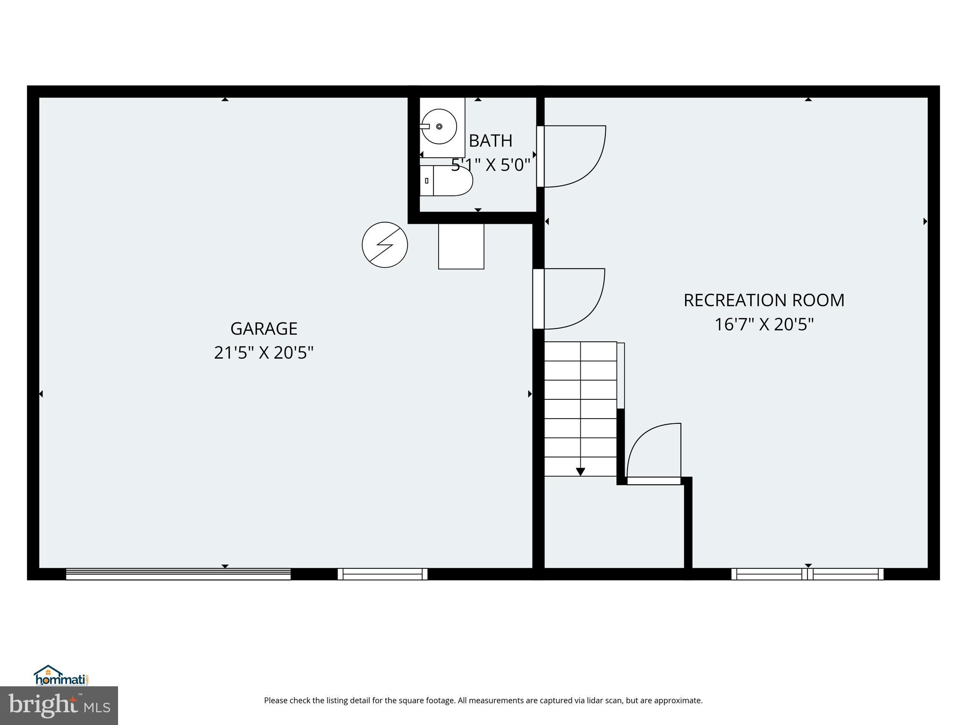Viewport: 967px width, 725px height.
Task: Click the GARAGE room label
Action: pyautogui.click(x=263, y=329)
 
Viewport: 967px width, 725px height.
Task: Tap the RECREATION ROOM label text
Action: pyautogui.click(x=764, y=300)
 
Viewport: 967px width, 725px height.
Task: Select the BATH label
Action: pyautogui.click(x=491, y=141)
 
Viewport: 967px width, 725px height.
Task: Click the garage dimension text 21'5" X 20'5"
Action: pyautogui.click(x=263, y=353)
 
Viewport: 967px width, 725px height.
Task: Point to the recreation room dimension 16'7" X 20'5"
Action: pyautogui.click(x=764, y=325)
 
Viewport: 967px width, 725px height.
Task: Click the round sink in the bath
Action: pyautogui.click(x=439, y=126)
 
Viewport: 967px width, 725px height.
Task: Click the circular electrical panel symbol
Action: pyautogui.click(x=384, y=245)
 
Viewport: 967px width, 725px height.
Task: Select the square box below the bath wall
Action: pyautogui.click(x=461, y=246)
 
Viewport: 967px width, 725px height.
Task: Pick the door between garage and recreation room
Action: pyautogui.click(x=574, y=298)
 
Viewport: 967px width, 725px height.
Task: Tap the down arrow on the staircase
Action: pyautogui.click(x=580, y=471)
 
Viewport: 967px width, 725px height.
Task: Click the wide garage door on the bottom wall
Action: pyautogui.click(x=178, y=573)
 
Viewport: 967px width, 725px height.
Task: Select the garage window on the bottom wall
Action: pyautogui.click(x=382, y=573)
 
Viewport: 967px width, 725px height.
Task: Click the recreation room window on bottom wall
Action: pyautogui.click(x=807, y=573)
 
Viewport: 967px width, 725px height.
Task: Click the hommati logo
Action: pyautogui.click(x=61, y=676)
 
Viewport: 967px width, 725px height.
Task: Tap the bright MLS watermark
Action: pyautogui.click(x=59, y=706)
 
